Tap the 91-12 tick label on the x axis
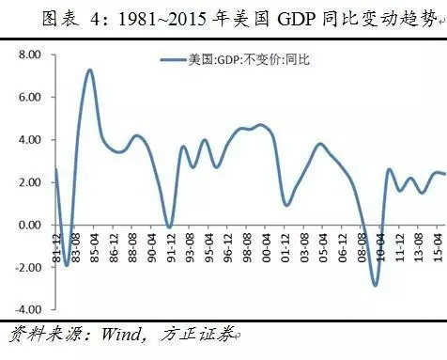[x=170, y=243]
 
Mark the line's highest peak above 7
[x=89, y=70]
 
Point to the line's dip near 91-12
[x=169, y=227]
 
